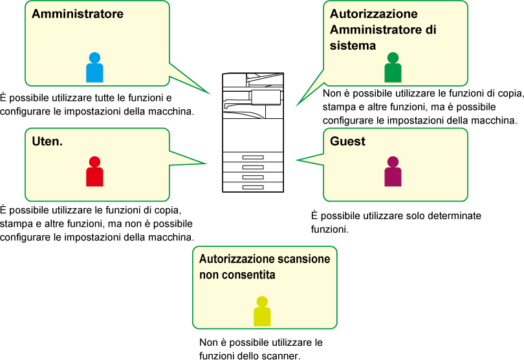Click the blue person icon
[94, 67]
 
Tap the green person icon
[393, 67]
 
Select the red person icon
[94, 171]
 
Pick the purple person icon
[393, 171]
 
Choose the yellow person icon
[262, 311]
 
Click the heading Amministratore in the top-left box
[78, 14]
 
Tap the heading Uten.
[47, 142]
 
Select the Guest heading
[347, 142]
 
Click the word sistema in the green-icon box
[353, 45]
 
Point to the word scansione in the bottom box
[304, 259]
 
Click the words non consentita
[237, 275]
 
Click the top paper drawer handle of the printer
[253, 157]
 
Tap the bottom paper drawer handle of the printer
[253, 187]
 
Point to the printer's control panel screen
[266, 97]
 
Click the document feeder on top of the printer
[265, 78]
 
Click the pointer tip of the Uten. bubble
[206, 164]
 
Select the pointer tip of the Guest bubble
[297, 160]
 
